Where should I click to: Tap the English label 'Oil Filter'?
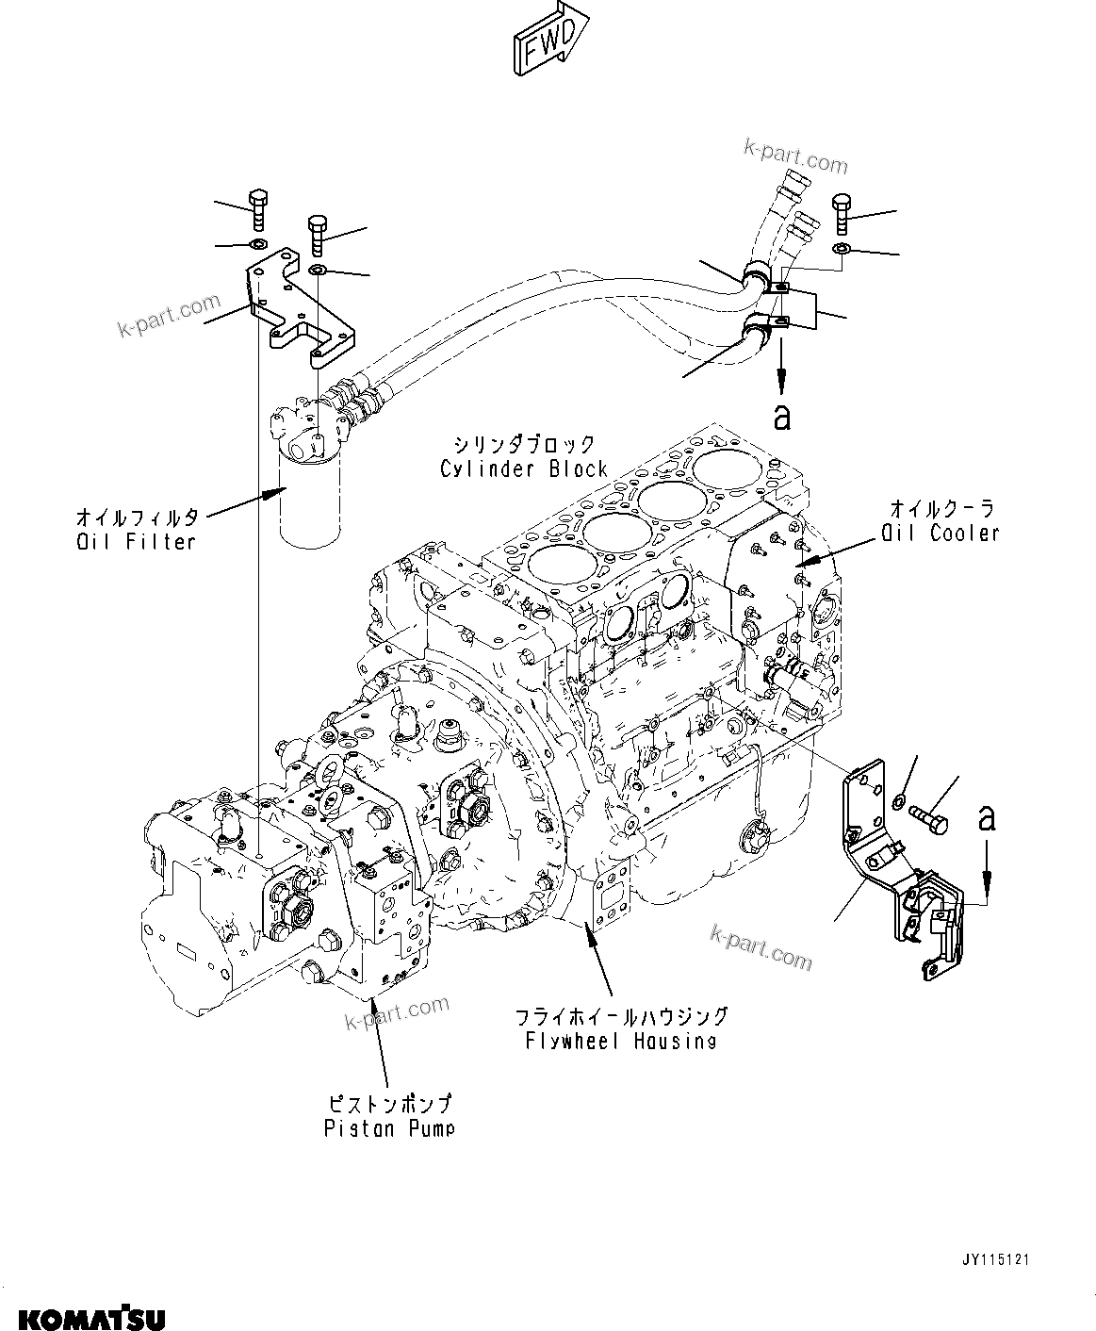pyautogui.click(x=137, y=542)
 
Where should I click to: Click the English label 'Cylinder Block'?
pyautogui.click(x=523, y=468)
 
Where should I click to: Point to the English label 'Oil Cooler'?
pyautogui.click(x=940, y=534)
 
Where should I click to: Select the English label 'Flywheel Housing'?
pyautogui.click(x=621, y=1041)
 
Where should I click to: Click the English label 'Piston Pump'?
pyautogui.click(x=388, y=1127)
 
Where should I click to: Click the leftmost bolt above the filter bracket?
pyautogui.click(x=258, y=210)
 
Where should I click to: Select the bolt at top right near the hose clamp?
pyautogui.click(x=841, y=213)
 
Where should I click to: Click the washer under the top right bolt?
pyautogui.click(x=842, y=248)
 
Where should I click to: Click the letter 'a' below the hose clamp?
pyautogui.click(x=781, y=417)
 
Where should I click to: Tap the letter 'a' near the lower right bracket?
pyautogui.click(x=986, y=817)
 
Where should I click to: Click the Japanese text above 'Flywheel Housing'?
pyautogui.click(x=621, y=1016)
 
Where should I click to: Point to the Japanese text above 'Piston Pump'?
pyautogui.click(x=388, y=1103)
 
